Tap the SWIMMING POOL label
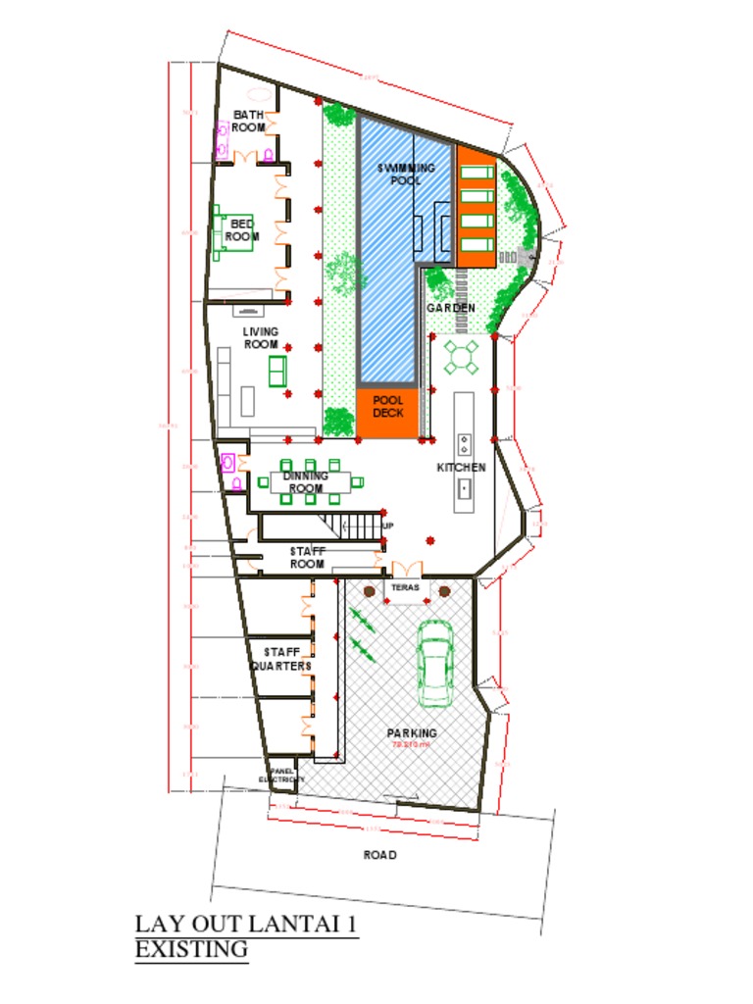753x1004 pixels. [406, 175]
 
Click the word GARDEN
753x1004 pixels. [450, 308]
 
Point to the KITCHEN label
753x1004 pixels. [461, 468]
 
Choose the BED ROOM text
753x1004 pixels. [242, 229]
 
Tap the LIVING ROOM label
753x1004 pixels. [261, 338]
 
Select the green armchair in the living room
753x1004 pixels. [277, 370]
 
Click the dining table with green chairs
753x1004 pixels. [308, 481]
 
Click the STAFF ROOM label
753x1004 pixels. [307, 558]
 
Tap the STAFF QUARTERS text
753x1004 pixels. [280, 659]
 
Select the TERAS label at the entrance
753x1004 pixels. [405, 587]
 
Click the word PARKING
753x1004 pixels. [411, 732]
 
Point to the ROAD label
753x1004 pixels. [379, 855]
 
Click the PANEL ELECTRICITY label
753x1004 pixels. [281, 775]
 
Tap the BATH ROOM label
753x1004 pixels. [248, 122]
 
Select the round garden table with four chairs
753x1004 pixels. [462, 357]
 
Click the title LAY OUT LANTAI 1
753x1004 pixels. [246, 925]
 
